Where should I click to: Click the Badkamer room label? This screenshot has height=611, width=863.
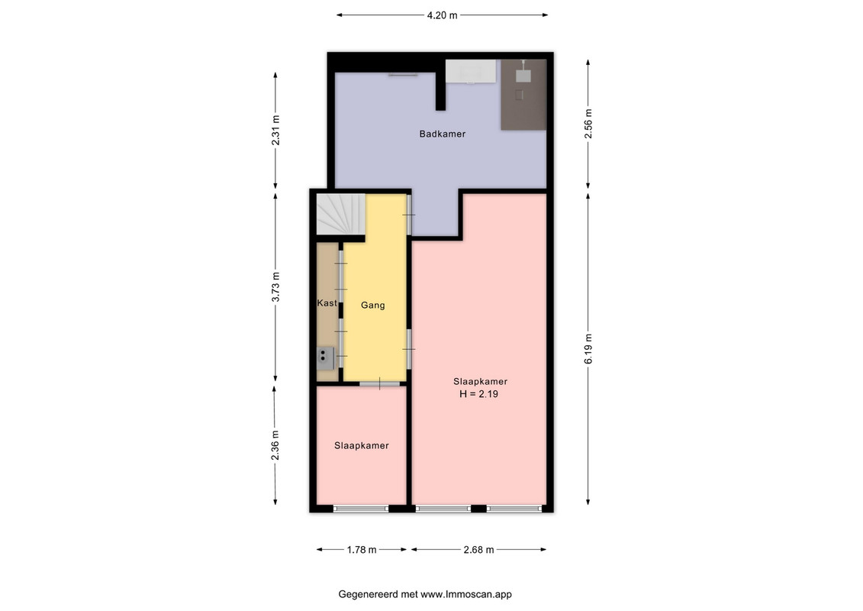pyautogui.click(x=442, y=134)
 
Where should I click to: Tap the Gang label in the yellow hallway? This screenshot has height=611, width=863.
pyautogui.click(x=372, y=305)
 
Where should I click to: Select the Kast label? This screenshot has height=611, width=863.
pyautogui.click(x=327, y=303)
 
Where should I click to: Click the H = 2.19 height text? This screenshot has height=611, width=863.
pyautogui.click(x=478, y=394)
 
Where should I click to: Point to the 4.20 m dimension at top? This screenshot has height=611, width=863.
pyautogui.click(x=442, y=15)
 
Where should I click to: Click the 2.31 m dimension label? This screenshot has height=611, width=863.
pyautogui.click(x=275, y=130)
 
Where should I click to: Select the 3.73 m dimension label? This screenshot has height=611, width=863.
pyautogui.click(x=275, y=287)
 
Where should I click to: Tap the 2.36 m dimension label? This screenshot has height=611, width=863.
pyautogui.click(x=275, y=445)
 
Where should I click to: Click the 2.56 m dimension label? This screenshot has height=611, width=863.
pyautogui.click(x=588, y=124)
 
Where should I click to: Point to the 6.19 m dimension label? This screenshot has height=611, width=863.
pyautogui.click(x=588, y=349)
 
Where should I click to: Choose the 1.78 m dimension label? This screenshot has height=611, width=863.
pyautogui.click(x=362, y=550)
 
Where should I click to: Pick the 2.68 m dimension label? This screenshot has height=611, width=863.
pyautogui.click(x=479, y=550)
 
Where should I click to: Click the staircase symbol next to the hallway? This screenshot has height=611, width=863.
pyautogui.click(x=340, y=214)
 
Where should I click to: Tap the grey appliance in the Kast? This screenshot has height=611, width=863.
pyautogui.click(x=325, y=358)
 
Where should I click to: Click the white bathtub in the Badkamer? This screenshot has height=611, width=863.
pyautogui.click(x=471, y=71)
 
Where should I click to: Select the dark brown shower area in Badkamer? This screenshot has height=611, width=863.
pyautogui.click(x=523, y=95)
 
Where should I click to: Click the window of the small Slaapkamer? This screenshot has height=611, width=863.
pyautogui.click(x=361, y=509)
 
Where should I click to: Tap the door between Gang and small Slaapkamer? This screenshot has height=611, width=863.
pyautogui.click(x=380, y=383)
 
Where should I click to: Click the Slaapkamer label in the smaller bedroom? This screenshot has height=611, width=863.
pyautogui.click(x=362, y=446)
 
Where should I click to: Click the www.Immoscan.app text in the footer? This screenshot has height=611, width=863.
pyautogui.click(x=466, y=594)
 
